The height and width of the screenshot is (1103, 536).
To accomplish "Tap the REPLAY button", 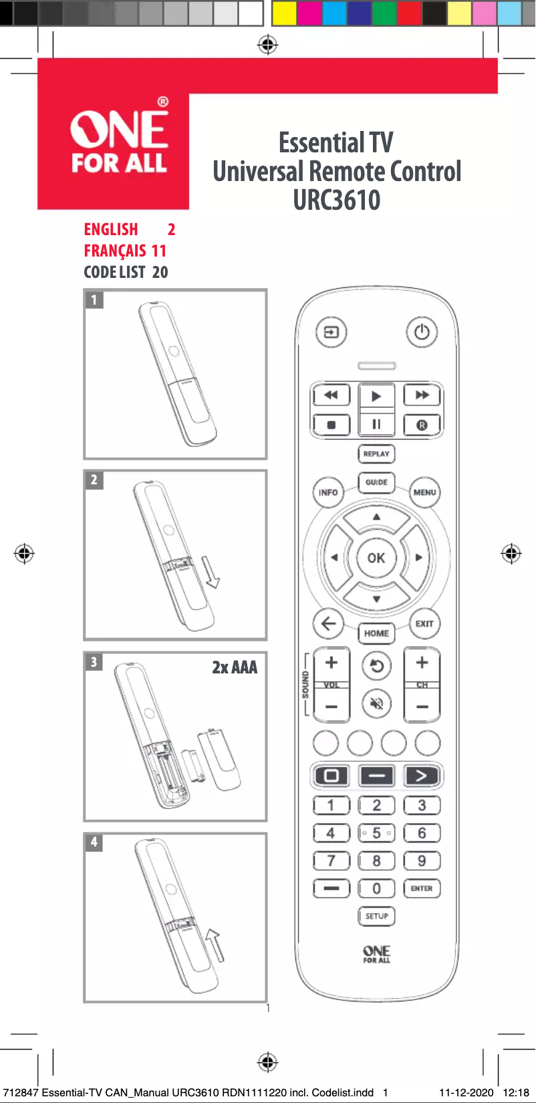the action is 376,454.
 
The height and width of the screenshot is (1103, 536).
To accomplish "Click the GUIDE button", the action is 376,482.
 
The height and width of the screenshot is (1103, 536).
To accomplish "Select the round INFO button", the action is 328,492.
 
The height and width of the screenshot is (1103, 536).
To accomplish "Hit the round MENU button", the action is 424,492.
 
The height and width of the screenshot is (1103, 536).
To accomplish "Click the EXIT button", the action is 424,624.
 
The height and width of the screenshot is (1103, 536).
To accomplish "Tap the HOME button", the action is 376,633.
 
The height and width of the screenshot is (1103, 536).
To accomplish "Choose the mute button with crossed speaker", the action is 377,703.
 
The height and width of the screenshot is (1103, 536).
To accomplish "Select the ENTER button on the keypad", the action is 422,889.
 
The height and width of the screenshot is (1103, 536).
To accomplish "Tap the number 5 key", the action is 376,833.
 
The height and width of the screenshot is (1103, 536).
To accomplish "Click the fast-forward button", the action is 422,395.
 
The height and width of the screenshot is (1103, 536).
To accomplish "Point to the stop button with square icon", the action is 331,425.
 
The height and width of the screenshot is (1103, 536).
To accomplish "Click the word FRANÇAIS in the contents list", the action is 115,251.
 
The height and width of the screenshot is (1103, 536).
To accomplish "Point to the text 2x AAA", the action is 235,667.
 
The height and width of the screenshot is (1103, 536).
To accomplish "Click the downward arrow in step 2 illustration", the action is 212,572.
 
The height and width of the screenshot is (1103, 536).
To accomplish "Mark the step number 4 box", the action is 94,842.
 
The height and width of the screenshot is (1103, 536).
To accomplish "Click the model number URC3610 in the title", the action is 337,200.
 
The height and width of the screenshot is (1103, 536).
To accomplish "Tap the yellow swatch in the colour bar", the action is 284,13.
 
